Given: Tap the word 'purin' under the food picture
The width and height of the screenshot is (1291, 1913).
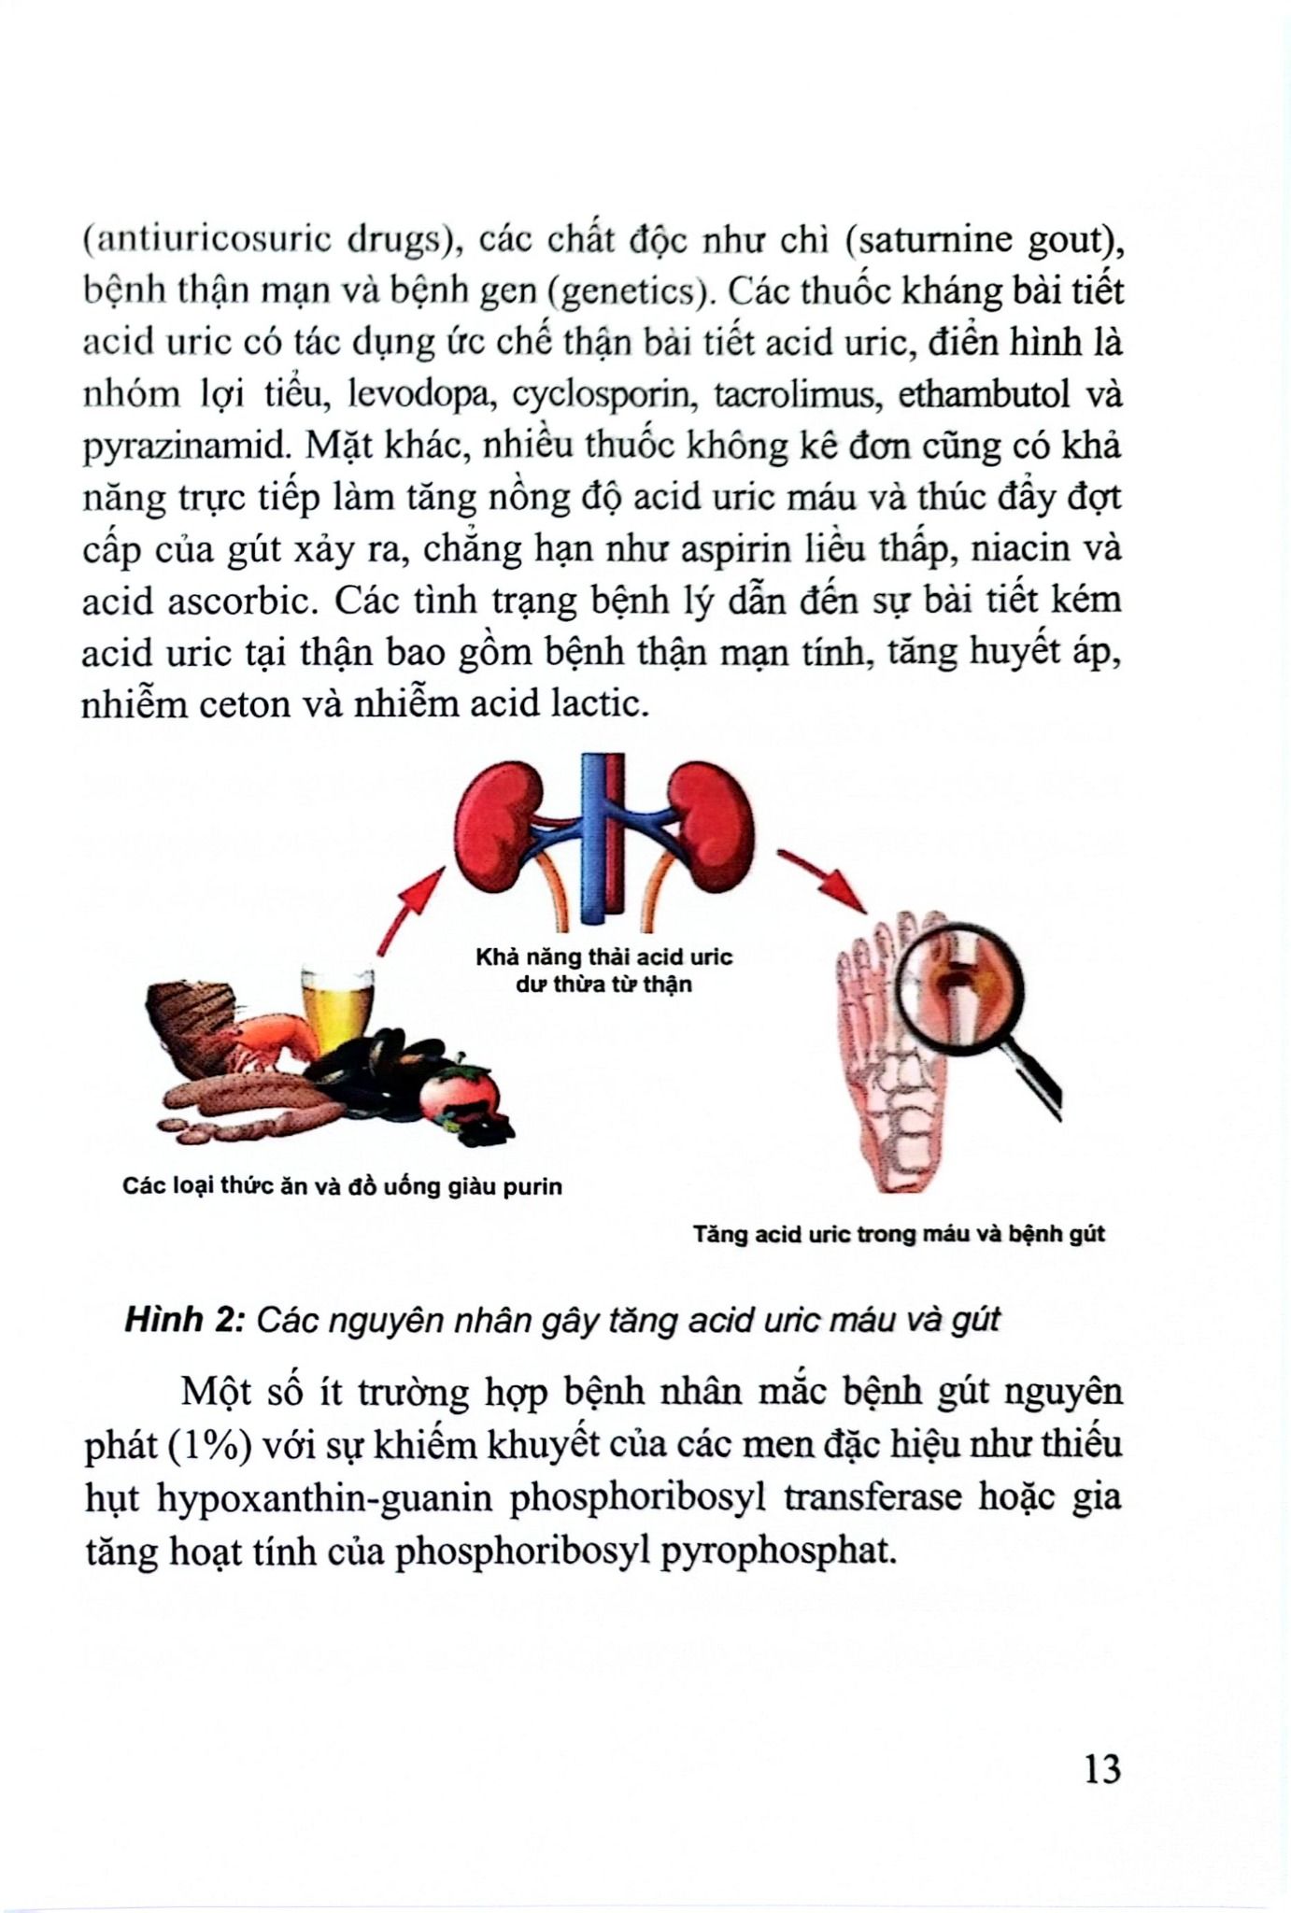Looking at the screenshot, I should (531, 1187).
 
